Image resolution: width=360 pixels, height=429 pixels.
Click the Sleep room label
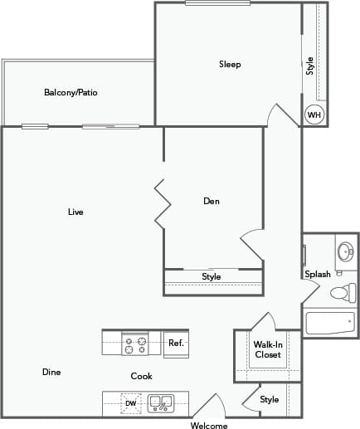(x=230, y=64)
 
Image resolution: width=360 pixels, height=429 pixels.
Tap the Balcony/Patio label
(x=71, y=92)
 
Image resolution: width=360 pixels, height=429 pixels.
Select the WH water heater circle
(x=314, y=115)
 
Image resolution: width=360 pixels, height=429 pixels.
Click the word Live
(x=75, y=212)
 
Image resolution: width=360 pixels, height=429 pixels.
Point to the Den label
(x=211, y=201)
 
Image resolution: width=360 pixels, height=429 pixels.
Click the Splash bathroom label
(x=318, y=274)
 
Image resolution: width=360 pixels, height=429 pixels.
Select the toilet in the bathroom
(x=342, y=292)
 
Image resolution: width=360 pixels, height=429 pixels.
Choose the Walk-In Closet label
(x=267, y=349)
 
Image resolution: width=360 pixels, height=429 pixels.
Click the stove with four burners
(x=136, y=344)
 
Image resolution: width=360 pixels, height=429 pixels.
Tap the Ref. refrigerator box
(x=176, y=343)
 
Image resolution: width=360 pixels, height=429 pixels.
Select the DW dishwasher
(x=130, y=403)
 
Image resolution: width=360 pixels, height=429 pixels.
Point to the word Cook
(x=141, y=376)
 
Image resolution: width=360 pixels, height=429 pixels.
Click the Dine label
(x=51, y=372)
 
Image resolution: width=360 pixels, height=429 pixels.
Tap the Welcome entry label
(x=209, y=425)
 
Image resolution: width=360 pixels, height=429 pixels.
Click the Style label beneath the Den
(x=212, y=276)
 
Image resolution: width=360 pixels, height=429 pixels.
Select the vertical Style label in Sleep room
(x=310, y=66)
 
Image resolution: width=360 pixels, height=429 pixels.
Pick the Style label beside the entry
(x=270, y=399)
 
